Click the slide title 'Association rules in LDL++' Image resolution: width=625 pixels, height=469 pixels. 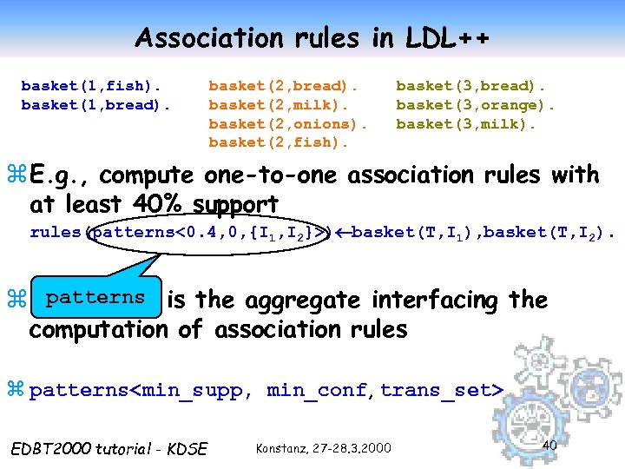[x=312, y=37]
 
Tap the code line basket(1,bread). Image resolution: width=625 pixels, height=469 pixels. [x=95, y=105]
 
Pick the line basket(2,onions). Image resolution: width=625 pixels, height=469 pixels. [x=288, y=123]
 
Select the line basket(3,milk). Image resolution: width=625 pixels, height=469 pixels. [x=466, y=123]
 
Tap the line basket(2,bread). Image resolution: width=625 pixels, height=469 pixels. [x=283, y=86]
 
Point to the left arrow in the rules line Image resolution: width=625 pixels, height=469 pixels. [x=342, y=233]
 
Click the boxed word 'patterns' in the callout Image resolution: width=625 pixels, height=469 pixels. [x=95, y=297]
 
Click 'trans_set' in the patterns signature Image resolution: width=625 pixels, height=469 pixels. [x=437, y=391]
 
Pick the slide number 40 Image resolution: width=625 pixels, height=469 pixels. [x=549, y=445]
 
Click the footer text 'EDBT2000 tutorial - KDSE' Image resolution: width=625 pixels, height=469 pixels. [x=108, y=448]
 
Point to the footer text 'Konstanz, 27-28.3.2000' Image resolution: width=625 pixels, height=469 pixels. [x=323, y=448]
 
